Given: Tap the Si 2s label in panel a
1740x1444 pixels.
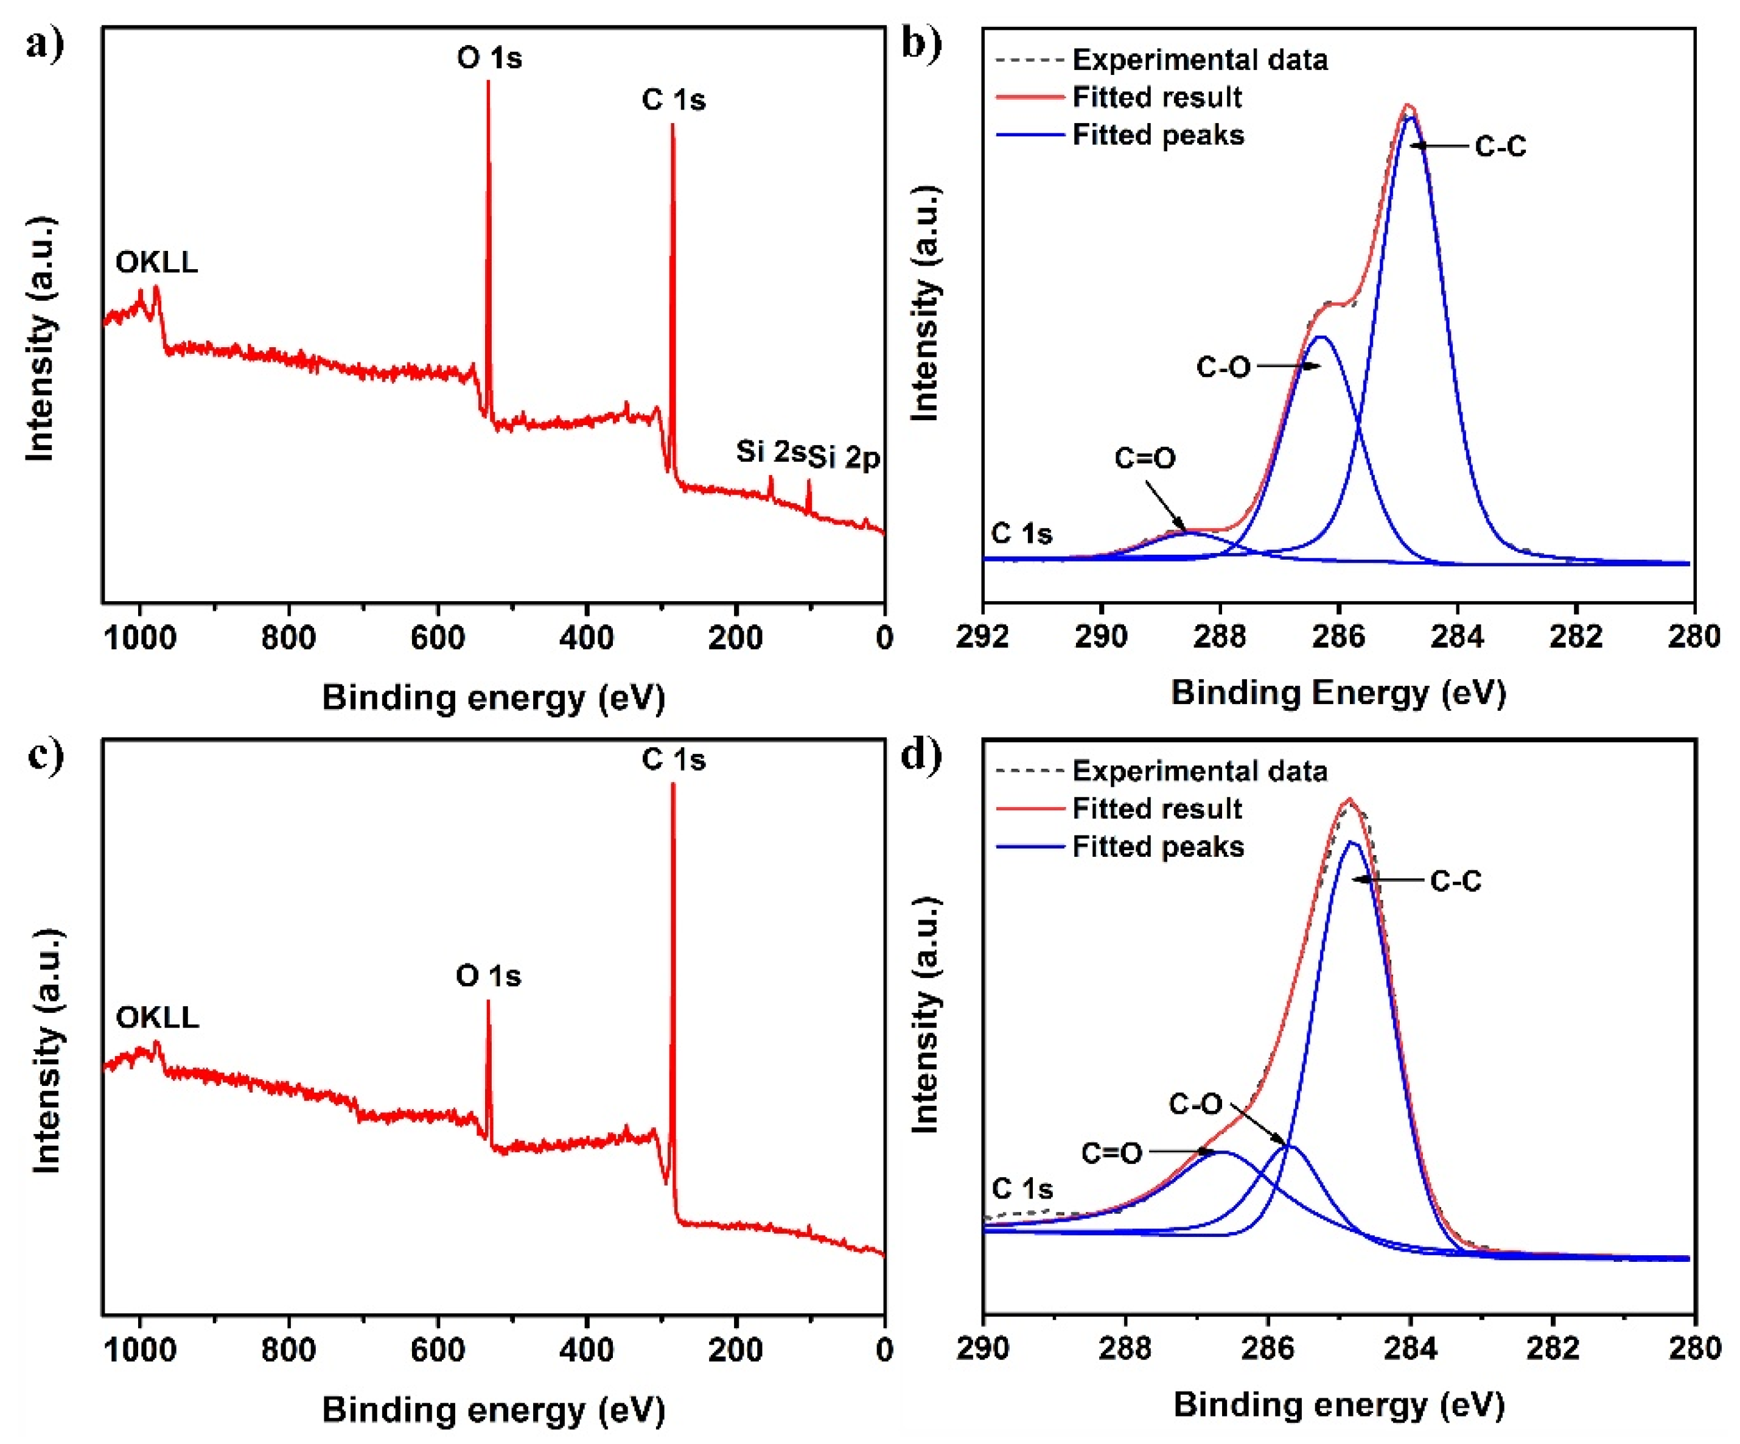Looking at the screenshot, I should pyautogui.click(x=770, y=452).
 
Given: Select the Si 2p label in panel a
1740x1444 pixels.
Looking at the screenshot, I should pyautogui.click(x=844, y=457).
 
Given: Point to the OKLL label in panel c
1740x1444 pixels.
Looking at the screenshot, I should pyautogui.click(x=158, y=1017).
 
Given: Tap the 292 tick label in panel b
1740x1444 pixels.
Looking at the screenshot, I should pyautogui.click(x=983, y=636).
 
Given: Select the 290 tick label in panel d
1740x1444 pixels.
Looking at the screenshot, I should pyautogui.click(x=983, y=1348).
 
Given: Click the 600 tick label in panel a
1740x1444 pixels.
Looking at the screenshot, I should pyautogui.click(x=438, y=638).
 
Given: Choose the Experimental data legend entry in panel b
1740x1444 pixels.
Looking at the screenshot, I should pyautogui.click(x=1199, y=60).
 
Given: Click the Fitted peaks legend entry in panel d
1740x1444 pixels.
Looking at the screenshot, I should pyautogui.click(x=1158, y=847).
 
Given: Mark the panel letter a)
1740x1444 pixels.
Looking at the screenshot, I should pyautogui.click(x=44, y=43).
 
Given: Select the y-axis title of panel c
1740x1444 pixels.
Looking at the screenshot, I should pyautogui.click(x=46, y=1051).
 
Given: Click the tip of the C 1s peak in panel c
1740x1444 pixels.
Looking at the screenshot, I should pyautogui.click(x=673, y=784).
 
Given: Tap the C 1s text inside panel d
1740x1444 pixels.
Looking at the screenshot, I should pyautogui.click(x=1022, y=1189).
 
